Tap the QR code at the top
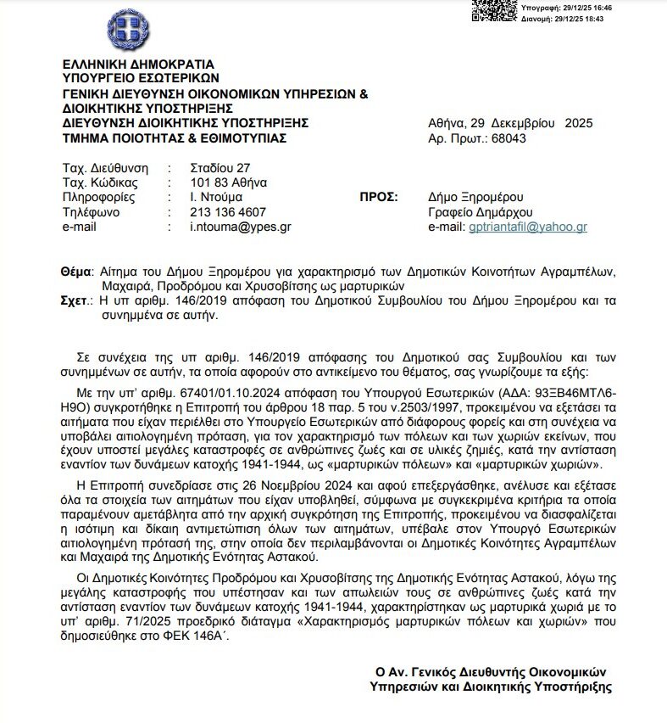click(x=495, y=10)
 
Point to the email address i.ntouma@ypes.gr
click(x=240, y=227)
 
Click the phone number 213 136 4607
click(x=228, y=212)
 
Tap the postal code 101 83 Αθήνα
click(x=229, y=182)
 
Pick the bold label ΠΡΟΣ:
click(x=379, y=197)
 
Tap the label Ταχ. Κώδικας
click(x=101, y=182)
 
